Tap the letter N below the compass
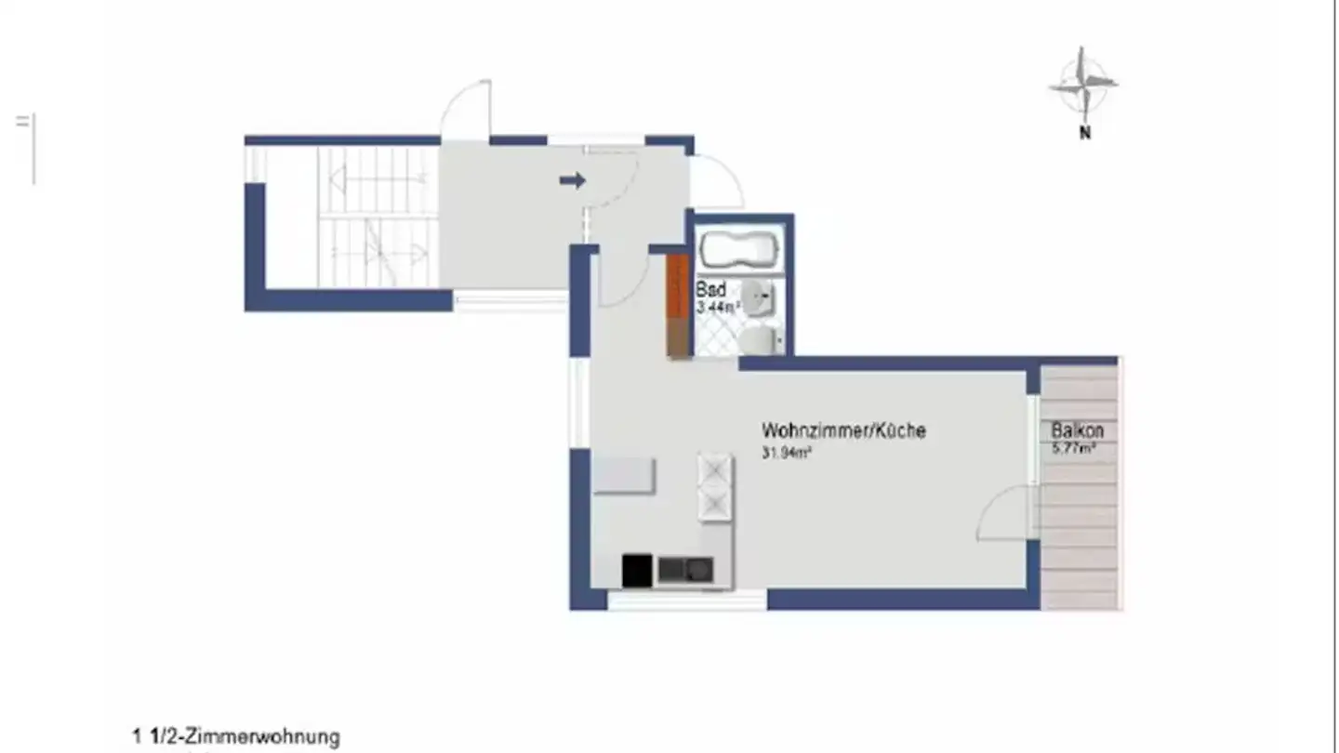1084,133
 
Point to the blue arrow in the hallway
572,180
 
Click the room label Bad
710,289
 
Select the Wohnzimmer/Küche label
843,430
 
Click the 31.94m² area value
789,454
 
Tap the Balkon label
1078,430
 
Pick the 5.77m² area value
1073,448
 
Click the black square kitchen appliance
637,570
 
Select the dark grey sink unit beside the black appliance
685,569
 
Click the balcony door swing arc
1002,514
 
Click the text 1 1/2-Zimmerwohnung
236,738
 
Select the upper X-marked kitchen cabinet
715,471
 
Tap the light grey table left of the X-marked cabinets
624,475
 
